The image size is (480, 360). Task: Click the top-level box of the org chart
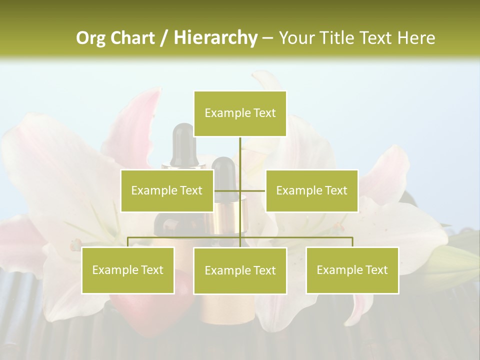(x=240, y=113)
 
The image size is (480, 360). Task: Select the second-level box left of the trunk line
(x=167, y=190)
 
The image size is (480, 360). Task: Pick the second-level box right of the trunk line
(x=311, y=190)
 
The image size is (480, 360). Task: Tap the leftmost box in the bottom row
(x=128, y=270)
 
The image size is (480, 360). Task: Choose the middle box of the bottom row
(x=240, y=270)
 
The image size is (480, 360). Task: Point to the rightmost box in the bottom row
(x=352, y=270)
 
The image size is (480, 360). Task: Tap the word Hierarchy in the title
(x=215, y=38)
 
